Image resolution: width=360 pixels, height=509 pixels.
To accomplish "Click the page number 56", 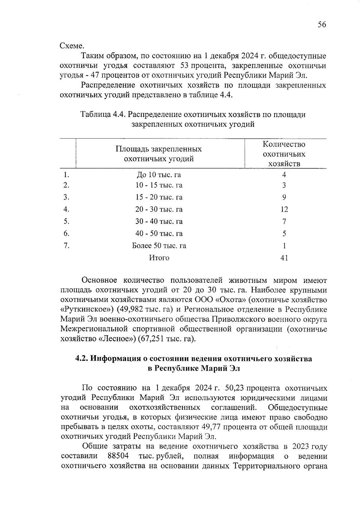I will click(x=322, y=25).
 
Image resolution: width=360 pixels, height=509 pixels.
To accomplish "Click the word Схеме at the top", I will click(x=72, y=46).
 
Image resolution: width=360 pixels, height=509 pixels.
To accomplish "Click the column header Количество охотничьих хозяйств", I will click(x=284, y=154).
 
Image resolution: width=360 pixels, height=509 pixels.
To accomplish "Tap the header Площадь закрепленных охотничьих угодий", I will click(x=159, y=154).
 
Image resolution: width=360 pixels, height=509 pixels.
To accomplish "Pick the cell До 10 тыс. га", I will click(x=159, y=175).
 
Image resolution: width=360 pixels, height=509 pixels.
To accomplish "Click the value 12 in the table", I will click(x=284, y=209).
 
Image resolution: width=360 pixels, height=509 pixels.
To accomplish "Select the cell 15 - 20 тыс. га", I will click(x=159, y=197).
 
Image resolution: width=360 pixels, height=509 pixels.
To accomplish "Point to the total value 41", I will click(x=284, y=258).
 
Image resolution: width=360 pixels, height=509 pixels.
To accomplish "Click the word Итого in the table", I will click(x=159, y=258).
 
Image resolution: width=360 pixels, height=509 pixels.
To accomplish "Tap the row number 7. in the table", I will click(x=67, y=246).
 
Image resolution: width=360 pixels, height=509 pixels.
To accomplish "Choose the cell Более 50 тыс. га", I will click(x=159, y=246).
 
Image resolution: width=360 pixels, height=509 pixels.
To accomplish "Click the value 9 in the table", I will click(x=284, y=197).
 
